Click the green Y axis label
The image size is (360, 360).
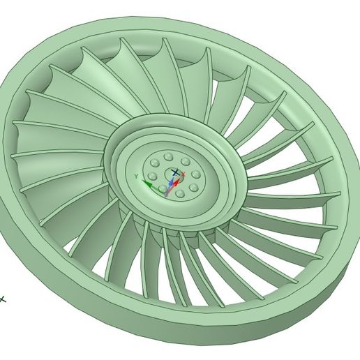pyautogui.click(x=136, y=176)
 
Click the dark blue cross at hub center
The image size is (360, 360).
pyautogui.click(x=175, y=172)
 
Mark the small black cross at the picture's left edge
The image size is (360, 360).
pyautogui.click(x=2, y=299)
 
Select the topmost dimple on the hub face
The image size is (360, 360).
pyautogui.click(x=168, y=156)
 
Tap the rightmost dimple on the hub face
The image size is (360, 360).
pyautogui.click(x=196, y=174)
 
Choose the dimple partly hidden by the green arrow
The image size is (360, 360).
pyautogui.click(x=163, y=188)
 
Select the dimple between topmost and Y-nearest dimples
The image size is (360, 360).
pyautogui.click(x=155, y=163)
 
